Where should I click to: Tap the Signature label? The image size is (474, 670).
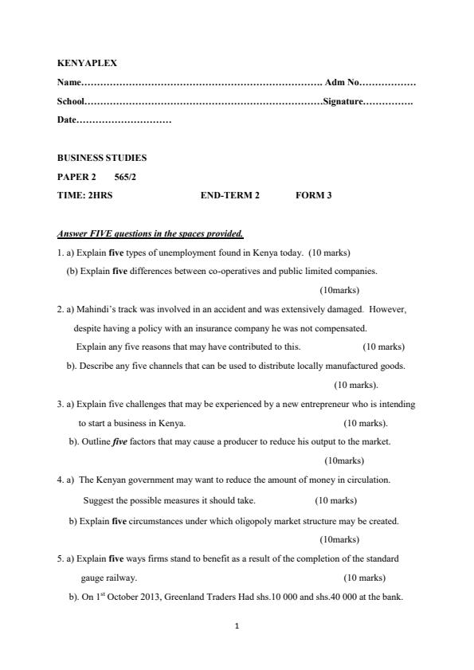(343, 101)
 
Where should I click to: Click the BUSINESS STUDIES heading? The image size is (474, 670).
(102, 158)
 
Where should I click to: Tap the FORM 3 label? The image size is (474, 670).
(313, 195)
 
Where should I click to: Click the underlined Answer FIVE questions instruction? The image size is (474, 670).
(150, 234)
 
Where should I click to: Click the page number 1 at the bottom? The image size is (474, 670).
(237, 626)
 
